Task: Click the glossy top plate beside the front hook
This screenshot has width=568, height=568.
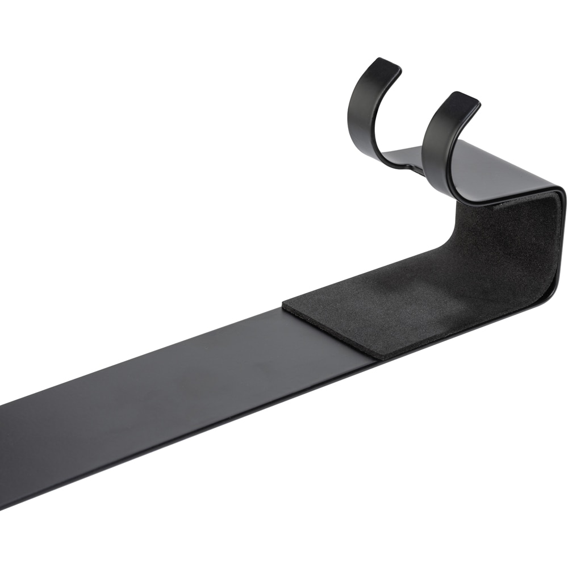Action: coord(511,170)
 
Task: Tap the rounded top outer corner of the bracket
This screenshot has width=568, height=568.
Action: coord(559,190)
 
